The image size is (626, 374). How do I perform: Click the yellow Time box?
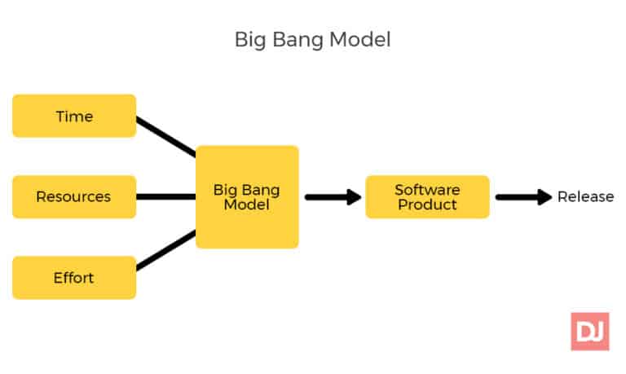(74, 116)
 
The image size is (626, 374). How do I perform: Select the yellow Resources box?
(74, 196)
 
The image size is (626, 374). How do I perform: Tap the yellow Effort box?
(74, 277)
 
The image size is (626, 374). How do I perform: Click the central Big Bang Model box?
(247, 196)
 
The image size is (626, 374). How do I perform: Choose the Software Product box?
(427, 196)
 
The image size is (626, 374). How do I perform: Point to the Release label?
(585, 196)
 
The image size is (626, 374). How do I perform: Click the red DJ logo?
(589, 332)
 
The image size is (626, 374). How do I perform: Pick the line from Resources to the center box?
(166, 196)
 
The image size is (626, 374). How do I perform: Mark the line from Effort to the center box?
(166, 250)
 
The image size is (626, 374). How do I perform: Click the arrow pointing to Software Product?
(333, 196)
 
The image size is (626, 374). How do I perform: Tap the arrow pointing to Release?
(524, 196)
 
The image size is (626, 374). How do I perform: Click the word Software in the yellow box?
(427, 189)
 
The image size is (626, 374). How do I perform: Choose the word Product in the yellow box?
(427, 205)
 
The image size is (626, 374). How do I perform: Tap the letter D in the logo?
(582, 332)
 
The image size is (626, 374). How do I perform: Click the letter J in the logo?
(597, 332)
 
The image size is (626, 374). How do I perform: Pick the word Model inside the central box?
(247, 205)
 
